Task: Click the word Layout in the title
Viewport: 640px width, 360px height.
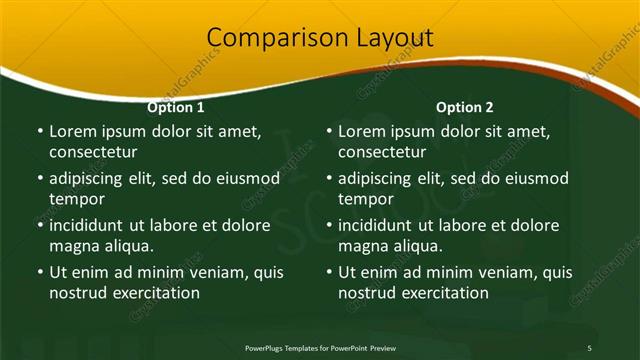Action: pyautogui.click(x=395, y=38)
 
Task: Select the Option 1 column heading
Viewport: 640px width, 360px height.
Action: pyautogui.click(x=176, y=107)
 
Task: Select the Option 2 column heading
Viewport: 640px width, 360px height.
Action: pyautogui.click(x=465, y=107)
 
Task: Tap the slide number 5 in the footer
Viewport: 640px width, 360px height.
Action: pyautogui.click(x=589, y=347)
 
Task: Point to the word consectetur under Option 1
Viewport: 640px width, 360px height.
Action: pyautogui.click(x=93, y=152)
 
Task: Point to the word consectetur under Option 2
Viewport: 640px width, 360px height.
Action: pyautogui.click(x=382, y=152)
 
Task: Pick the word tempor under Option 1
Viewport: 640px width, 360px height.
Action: pyautogui.click(x=74, y=199)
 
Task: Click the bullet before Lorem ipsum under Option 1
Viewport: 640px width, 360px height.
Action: pyautogui.click(x=39, y=131)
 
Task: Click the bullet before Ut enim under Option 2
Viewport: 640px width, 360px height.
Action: pyautogui.click(x=328, y=272)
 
